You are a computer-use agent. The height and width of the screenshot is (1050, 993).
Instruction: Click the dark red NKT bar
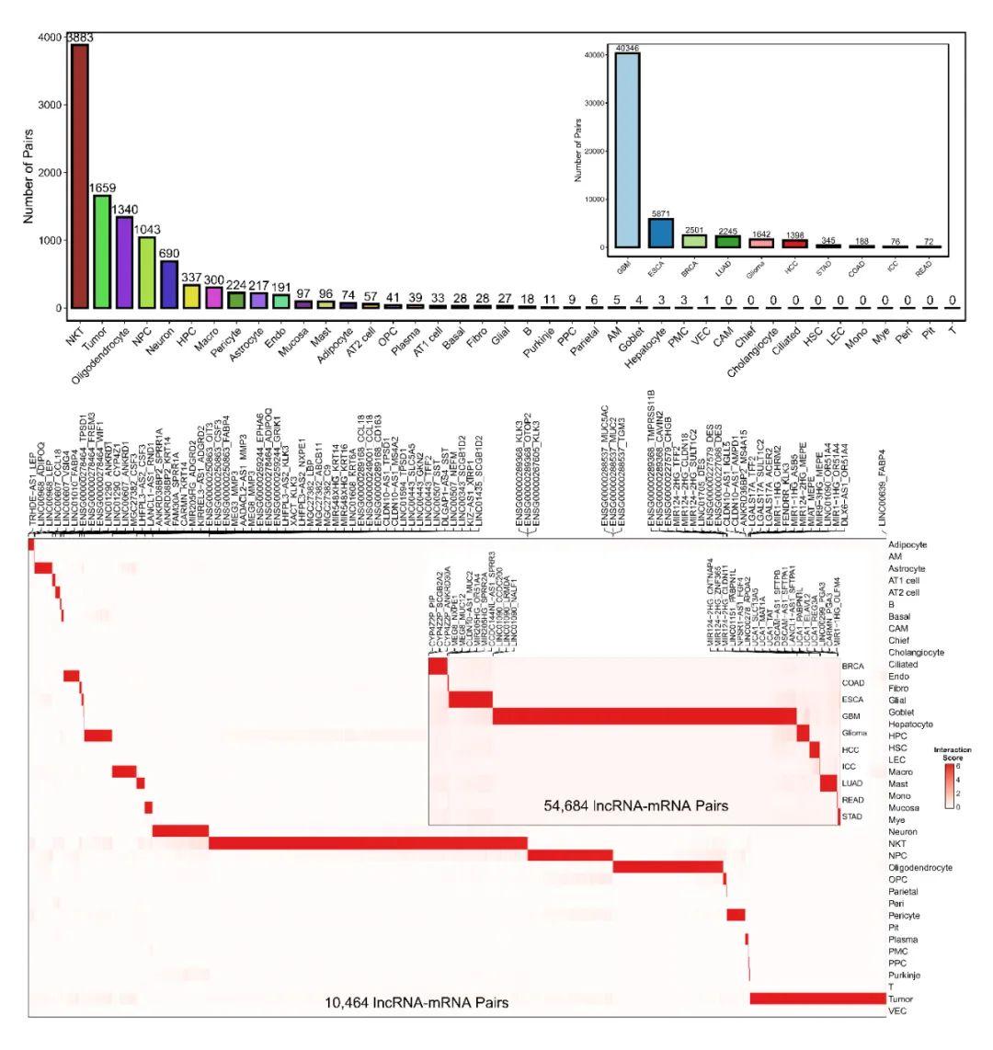click(80, 176)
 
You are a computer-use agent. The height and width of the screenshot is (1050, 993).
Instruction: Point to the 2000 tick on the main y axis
click(51, 173)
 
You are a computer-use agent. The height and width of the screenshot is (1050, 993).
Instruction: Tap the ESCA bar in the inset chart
click(660, 233)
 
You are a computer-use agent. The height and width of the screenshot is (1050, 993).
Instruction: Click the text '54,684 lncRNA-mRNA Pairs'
click(635, 806)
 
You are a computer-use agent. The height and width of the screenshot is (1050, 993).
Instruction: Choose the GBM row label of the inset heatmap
click(852, 714)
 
